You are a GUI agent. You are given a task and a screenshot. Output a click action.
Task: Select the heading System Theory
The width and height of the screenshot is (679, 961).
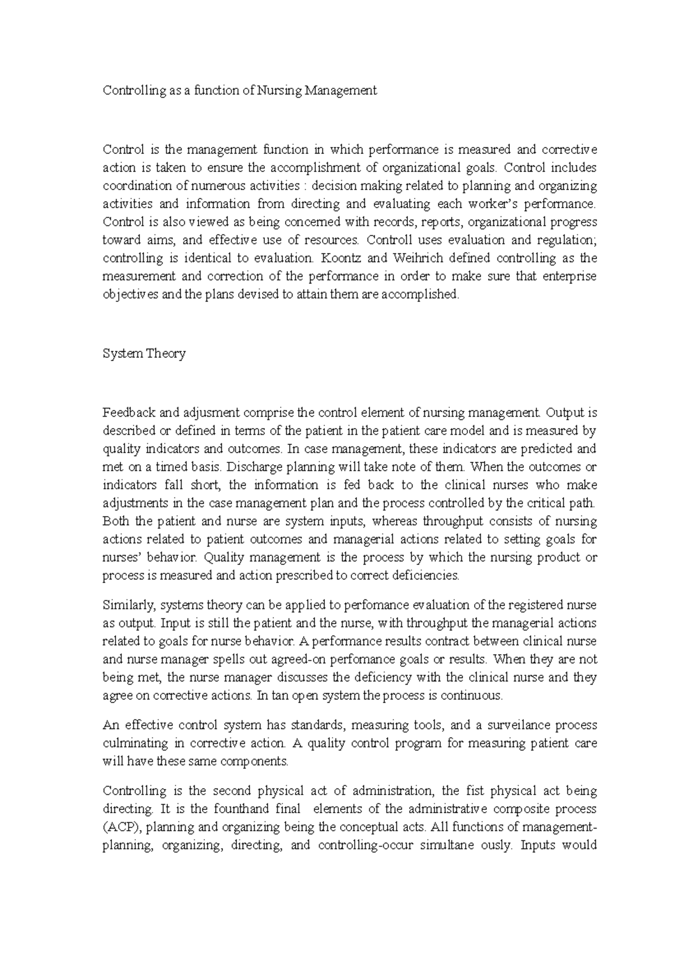click(144, 354)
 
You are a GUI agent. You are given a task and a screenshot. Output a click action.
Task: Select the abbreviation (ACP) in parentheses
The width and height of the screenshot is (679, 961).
click(123, 827)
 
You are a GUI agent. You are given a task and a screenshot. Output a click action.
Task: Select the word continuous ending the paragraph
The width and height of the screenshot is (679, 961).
click(472, 696)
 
